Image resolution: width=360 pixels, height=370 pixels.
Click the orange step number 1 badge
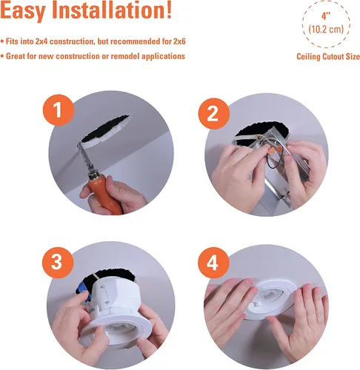[x=59, y=110]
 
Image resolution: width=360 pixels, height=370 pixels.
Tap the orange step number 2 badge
[x=214, y=114]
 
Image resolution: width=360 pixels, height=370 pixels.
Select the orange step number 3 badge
[x=58, y=263]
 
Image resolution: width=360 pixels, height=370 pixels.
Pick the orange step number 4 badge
[x=214, y=263]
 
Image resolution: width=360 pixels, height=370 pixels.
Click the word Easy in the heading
[x=23, y=11]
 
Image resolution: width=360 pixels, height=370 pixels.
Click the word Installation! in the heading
[x=112, y=10]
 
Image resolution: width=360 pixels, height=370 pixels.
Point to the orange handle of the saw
[x=106, y=192]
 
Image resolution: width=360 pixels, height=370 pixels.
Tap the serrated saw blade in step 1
[x=85, y=156]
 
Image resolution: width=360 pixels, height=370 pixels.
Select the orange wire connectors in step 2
[x=276, y=150]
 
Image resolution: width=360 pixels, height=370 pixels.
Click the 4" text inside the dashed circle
[x=326, y=16]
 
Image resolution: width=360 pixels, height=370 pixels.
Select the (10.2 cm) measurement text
[x=326, y=30]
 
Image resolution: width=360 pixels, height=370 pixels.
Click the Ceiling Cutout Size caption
[x=328, y=56]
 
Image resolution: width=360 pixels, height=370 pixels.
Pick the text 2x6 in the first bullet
[x=179, y=41]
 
